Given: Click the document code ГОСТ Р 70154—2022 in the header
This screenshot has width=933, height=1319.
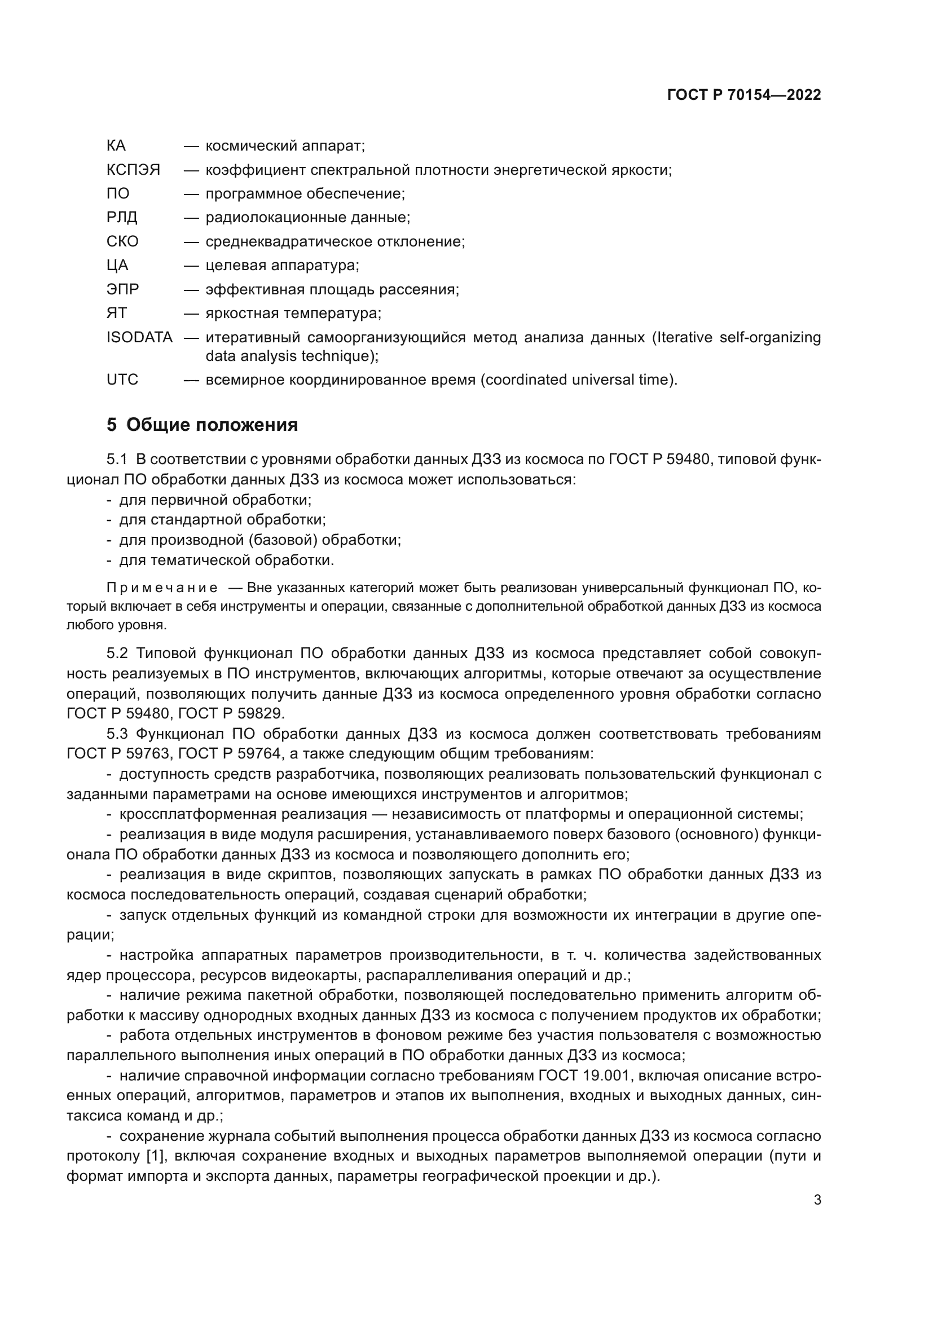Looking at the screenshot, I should (x=743, y=95).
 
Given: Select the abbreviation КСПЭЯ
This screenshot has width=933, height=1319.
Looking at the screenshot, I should (x=133, y=170).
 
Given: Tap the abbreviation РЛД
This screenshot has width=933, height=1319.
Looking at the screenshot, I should (x=122, y=218).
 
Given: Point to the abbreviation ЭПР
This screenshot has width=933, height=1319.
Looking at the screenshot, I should (x=122, y=289).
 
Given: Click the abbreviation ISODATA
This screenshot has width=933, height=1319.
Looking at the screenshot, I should (x=139, y=337).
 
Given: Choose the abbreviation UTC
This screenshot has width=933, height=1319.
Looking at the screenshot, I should (x=122, y=380).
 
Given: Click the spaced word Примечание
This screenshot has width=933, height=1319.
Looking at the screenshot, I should (x=162, y=588).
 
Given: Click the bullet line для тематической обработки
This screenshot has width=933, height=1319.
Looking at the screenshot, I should (x=226, y=560).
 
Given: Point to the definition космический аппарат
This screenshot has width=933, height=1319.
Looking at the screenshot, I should (x=285, y=146).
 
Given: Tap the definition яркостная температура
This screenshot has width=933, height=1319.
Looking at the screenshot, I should (x=293, y=314).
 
